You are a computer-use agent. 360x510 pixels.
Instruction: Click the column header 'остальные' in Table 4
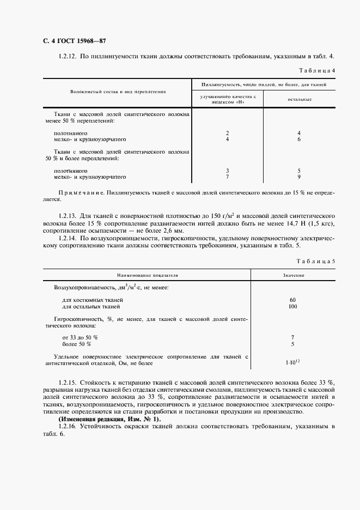[x=299, y=99]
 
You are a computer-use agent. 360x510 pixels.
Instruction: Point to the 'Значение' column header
[x=293, y=276]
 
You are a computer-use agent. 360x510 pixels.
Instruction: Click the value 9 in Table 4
[x=299, y=177]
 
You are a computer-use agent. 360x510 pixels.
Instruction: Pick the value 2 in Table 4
[x=227, y=133]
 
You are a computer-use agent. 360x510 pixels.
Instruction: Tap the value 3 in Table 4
[x=227, y=171]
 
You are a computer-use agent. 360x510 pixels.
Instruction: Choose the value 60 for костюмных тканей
[x=293, y=300]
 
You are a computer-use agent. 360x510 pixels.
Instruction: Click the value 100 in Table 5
[x=293, y=307]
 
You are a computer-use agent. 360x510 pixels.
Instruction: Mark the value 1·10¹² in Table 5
[x=293, y=362]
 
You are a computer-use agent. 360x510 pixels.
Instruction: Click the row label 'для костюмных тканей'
[x=93, y=300]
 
